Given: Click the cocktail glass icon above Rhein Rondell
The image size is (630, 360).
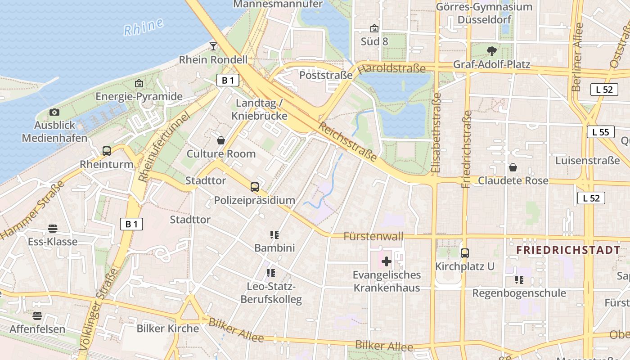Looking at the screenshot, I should (213, 46).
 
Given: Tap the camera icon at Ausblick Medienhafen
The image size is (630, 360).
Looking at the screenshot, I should (54, 112).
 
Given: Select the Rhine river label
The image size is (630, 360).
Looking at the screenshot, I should (144, 27).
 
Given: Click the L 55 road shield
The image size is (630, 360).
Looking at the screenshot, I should (600, 132).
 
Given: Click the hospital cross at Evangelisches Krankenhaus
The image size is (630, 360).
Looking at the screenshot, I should (387, 261).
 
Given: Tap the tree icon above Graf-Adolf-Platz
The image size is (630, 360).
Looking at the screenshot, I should (491, 50).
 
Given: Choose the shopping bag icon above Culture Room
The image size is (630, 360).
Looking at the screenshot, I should (221, 140).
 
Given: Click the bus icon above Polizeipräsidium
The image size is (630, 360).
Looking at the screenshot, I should (255, 187).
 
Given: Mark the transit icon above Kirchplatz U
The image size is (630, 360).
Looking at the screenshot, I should (465, 253).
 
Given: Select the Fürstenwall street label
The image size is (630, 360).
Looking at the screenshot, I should (373, 236).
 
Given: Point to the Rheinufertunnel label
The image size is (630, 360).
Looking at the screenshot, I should (165, 147).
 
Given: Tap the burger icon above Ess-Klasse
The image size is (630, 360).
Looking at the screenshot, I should (53, 229).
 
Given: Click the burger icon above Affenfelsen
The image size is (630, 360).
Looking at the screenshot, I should (37, 315).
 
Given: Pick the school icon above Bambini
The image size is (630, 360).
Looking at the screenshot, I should (274, 234).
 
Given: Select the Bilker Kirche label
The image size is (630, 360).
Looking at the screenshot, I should (168, 328).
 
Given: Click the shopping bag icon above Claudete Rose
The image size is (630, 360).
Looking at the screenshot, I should (513, 168).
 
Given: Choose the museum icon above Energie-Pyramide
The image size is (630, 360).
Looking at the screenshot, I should (139, 83).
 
